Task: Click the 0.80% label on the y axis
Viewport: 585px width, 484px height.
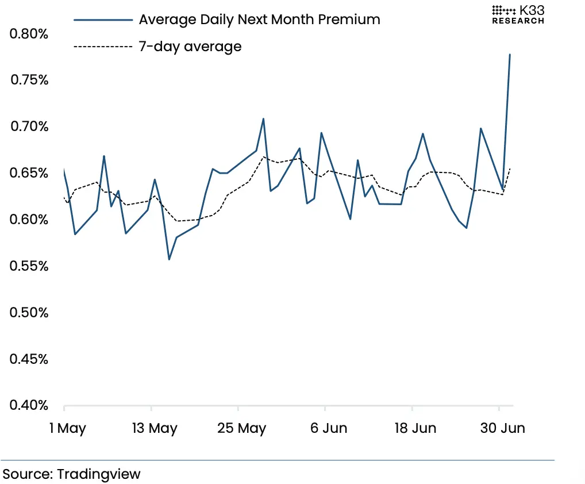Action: [x=29, y=33]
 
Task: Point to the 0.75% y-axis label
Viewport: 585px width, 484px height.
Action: [x=29, y=79]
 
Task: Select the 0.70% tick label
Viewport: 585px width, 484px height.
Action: [x=29, y=126]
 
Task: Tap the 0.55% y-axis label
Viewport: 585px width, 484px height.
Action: [x=29, y=266]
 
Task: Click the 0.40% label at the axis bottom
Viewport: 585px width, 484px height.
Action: [x=29, y=405]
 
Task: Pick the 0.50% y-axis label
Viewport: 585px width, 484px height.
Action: [x=29, y=312]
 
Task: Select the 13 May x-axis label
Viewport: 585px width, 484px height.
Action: [x=155, y=428]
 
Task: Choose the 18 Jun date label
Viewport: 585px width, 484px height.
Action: [x=415, y=428]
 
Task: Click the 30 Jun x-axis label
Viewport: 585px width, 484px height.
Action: [x=503, y=428]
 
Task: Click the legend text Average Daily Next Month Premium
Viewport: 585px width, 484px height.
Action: [x=259, y=19]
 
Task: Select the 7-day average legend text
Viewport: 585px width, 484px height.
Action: [x=190, y=47]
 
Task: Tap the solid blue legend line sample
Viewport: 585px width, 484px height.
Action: [x=103, y=20]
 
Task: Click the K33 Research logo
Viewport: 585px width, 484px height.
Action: [x=518, y=15]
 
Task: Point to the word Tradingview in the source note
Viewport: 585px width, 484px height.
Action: [x=98, y=474]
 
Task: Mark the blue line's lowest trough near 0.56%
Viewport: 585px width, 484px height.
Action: [x=169, y=259]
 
